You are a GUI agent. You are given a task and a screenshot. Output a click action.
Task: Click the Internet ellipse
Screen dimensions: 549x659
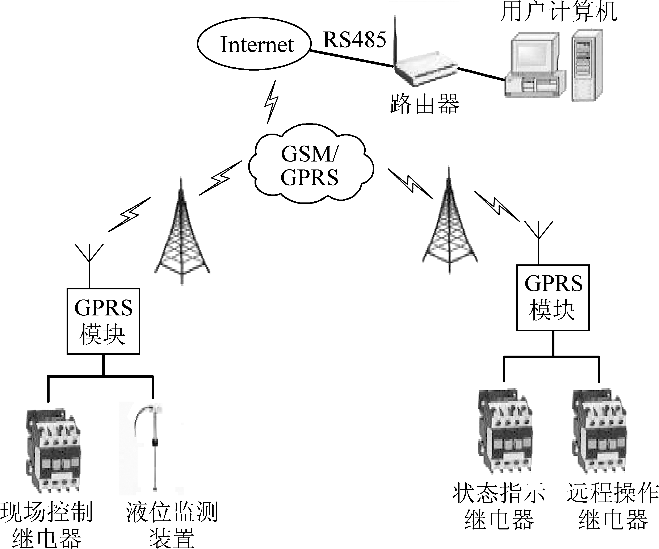click(x=254, y=44)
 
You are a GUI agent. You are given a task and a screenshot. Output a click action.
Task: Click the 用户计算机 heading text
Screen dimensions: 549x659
click(x=559, y=12)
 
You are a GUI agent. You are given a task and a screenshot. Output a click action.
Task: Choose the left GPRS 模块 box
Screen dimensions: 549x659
click(x=103, y=321)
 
